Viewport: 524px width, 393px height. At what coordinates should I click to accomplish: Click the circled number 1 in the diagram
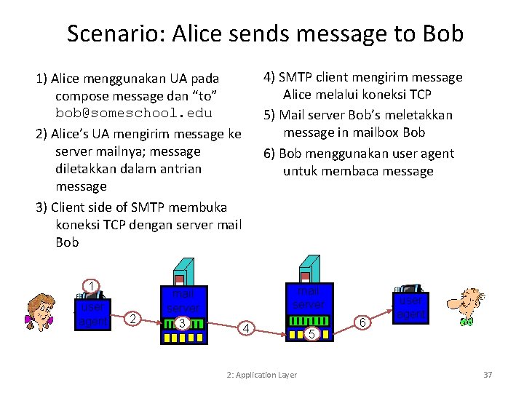(91, 285)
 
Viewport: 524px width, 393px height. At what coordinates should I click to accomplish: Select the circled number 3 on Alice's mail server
(183, 323)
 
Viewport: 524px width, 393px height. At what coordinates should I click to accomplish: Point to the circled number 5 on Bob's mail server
(311, 334)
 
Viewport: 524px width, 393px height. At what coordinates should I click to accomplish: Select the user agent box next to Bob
(410, 306)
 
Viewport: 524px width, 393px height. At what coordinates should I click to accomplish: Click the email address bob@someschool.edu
(134, 114)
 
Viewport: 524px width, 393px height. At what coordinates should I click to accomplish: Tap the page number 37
(488, 375)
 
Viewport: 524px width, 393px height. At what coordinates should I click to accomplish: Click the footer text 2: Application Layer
(261, 375)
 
